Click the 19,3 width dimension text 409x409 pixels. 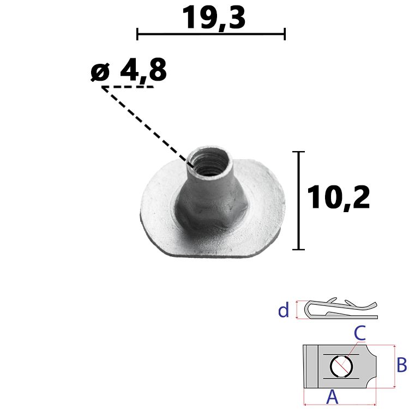[x=214, y=17]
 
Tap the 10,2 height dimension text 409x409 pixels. [x=338, y=197]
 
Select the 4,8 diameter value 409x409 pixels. [x=143, y=70]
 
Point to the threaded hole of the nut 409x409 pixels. [x=210, y=164]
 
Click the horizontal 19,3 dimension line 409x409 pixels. [x=211, y=34]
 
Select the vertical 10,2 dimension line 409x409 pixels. [x=299, y=200]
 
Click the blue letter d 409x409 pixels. [x=284, y=310]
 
